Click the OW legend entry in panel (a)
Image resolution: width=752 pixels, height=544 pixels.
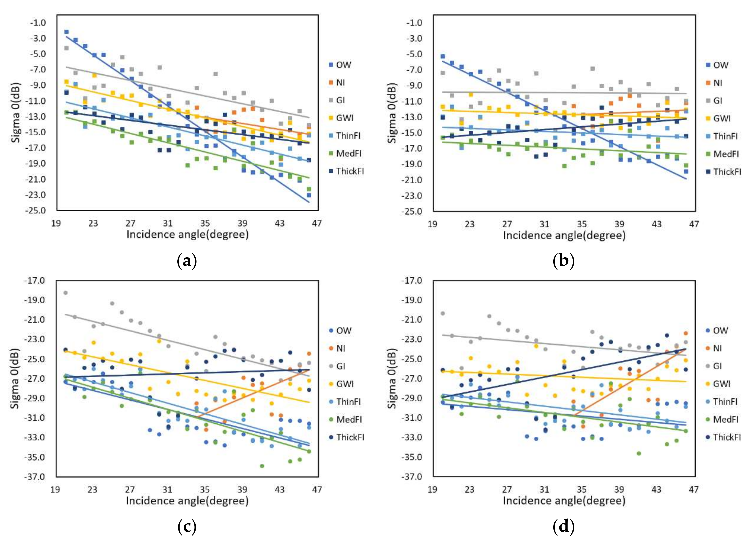(x=340, y=65)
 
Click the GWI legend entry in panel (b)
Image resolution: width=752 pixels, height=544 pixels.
(x=717, y=118)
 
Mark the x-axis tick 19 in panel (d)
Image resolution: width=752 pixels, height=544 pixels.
(x=432, y=489)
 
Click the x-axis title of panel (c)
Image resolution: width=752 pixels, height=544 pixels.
(x=187, y=500)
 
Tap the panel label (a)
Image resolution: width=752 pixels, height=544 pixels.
(x=187, y=261)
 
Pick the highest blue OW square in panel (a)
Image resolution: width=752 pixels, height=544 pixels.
(x=66, y=32)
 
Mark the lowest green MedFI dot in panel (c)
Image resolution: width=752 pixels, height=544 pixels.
(x=262, y=466)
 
